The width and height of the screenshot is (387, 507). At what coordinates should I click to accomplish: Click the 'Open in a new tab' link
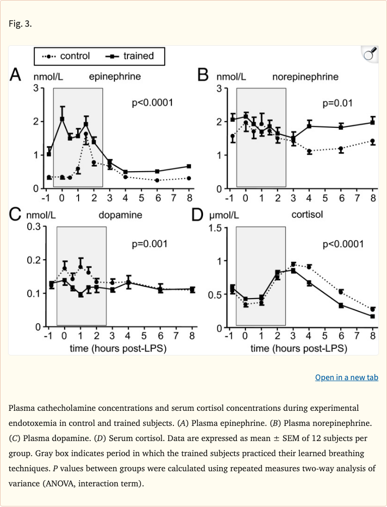coord(346,377)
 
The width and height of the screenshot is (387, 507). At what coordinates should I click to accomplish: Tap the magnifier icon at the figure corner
coord(370,54)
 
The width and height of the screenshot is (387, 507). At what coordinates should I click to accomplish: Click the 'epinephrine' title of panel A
coord(115,77)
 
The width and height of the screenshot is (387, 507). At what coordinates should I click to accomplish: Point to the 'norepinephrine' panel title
coord(305,77)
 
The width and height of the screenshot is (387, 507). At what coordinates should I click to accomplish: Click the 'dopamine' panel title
coord(120,215)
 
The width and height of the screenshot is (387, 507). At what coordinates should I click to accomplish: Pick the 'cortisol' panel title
coord(307,215)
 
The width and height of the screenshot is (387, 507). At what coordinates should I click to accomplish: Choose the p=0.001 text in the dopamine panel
coord(149,244)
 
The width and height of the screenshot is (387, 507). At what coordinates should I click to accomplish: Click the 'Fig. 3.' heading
coord(21,24)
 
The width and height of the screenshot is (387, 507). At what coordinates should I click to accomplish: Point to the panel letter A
coord(16,77)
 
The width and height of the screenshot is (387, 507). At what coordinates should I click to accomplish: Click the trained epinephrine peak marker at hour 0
coord(62,119)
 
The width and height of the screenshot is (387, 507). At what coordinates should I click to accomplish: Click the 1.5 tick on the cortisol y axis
coord(216,228)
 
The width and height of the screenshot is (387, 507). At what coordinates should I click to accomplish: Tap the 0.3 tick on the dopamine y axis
coord(33,227)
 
